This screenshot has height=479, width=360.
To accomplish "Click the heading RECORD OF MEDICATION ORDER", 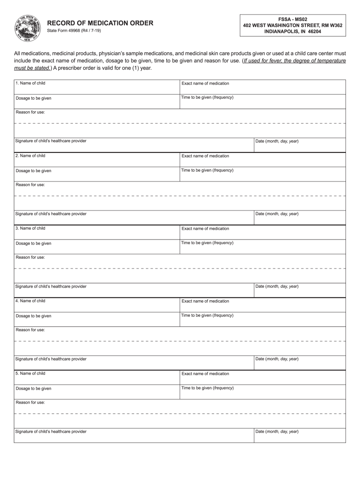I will pyautogui.click(x=100, y=23).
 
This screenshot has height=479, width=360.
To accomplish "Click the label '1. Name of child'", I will pyautogui.click(x=30, y=83).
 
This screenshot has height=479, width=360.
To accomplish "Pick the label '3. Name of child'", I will pyautogui.click(x=30, y=228).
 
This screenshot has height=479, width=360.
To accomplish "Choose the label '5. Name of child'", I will pyautogui.click(x=30, y=373).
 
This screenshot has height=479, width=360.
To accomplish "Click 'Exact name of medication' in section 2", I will pyautogui.click(x=205, y=156).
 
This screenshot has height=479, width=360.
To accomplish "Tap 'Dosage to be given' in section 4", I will pyautogui.click(x=34, y=316).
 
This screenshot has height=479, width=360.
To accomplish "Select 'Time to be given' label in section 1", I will pyautogui.click(x=207, y=97).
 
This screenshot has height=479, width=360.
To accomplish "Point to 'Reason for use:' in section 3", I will pyautogui.click(x=30, y=257).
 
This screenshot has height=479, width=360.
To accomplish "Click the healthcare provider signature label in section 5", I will pyautogui.click(x=51, y=431).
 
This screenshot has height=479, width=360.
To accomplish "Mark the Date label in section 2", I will pyautogui.click(x=277, y=214).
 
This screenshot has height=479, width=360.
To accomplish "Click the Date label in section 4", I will pyautogui.click(x=277, y=359).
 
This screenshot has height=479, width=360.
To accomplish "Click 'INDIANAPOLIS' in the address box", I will pyautogui.click(x=282, y=31).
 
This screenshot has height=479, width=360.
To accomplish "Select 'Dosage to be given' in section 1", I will pyautogui.click(x=34, y=98).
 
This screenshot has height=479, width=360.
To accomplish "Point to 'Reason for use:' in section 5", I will pyautogui.click(x=30, y=402).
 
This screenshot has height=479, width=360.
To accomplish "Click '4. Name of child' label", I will pyautogui.click(x=30, y=301).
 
